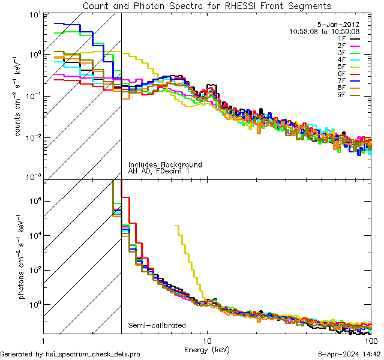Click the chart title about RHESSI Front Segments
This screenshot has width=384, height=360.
point(206,6)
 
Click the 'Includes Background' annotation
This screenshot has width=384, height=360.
point(164,164)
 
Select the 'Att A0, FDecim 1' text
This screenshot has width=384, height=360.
point(159,171)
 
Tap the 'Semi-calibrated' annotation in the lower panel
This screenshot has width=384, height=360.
point(157,326)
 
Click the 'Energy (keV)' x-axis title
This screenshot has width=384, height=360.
point(207,349)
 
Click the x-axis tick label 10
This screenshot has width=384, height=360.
point(208,340)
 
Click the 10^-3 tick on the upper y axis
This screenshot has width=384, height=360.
point(31,178)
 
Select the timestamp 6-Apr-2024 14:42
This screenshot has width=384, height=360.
point(347,354)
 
